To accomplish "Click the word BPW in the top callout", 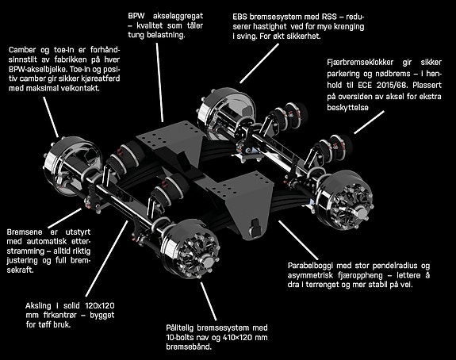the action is tap(136, 15).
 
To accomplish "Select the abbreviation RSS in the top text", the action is tap(329, 17).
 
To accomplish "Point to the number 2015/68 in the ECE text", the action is tap(392, 85).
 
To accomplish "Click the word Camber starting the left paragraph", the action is tap(22, 50).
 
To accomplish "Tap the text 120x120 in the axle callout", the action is tap(100, 305).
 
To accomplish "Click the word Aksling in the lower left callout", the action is tap(38, 306).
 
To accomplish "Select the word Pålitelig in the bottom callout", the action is tap(179, 328).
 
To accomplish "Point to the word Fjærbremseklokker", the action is tap(360, 63).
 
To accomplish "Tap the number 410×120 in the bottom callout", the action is tap(236, 338).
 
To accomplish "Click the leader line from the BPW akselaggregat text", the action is tap(159, 82).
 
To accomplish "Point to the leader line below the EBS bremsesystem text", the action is tap(259, 63).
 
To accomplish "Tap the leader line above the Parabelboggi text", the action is tap(299, 240).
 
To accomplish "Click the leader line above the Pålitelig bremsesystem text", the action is tap(209, 301).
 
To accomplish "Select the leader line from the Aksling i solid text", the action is tap(107, 259).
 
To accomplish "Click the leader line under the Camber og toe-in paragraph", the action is tap(51, 117).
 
